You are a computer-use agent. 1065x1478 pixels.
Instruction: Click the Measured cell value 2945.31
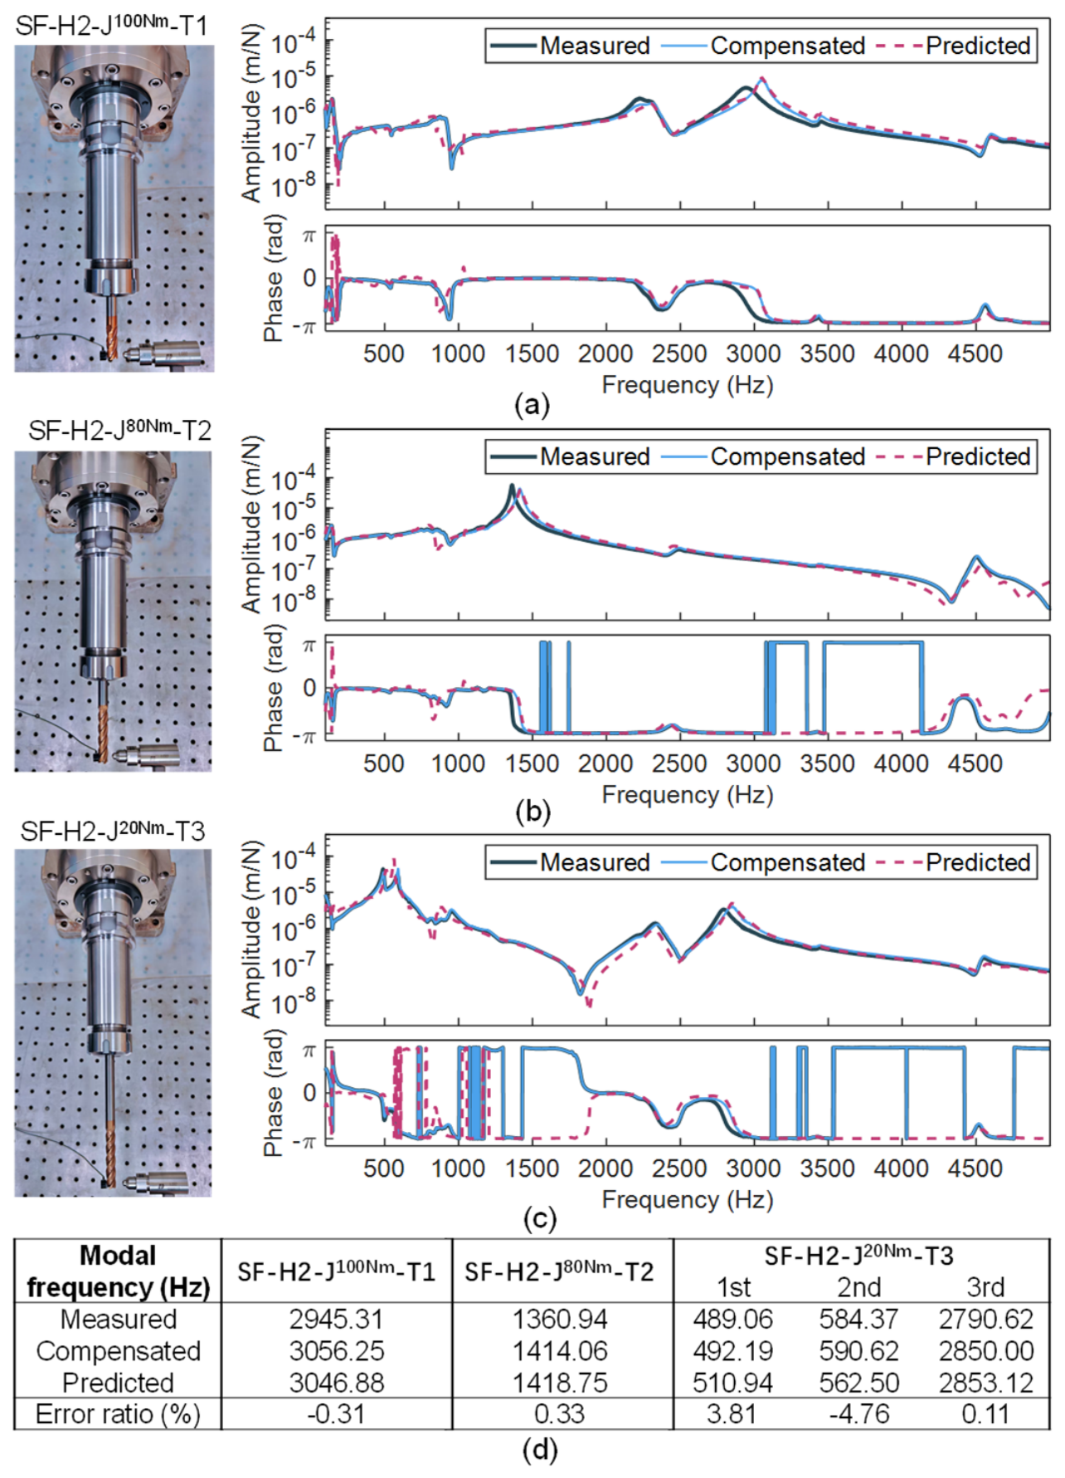pos(336,1319)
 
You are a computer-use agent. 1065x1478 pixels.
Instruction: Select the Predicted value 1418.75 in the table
pos(560,1383)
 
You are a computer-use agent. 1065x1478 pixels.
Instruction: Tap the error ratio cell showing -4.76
pos(858,1413)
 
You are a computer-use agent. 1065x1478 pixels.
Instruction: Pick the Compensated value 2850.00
pos(986,1351)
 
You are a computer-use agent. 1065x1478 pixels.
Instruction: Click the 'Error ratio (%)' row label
pos(118,1413)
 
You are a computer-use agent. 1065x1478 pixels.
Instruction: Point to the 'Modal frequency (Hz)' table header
pos(118,1271)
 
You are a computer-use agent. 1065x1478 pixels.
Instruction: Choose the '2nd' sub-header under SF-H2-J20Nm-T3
pos(858,1287)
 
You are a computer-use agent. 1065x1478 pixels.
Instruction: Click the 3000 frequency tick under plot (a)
pos(753,354)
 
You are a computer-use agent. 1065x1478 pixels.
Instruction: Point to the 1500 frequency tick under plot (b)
pos(532,763)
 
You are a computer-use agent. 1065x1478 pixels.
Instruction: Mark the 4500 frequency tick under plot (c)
pos(975,1168)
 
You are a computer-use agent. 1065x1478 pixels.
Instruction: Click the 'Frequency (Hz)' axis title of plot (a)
pos(688,385)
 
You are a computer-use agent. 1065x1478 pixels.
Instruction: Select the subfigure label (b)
pos(532,812)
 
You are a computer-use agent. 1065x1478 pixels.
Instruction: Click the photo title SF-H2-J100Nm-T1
pos(111,24)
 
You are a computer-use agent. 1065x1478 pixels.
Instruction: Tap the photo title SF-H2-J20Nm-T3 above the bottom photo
pos(113,831)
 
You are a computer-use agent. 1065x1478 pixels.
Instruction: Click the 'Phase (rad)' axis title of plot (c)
pos(274,1093)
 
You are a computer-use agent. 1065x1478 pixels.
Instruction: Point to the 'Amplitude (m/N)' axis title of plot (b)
pos(251,525)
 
